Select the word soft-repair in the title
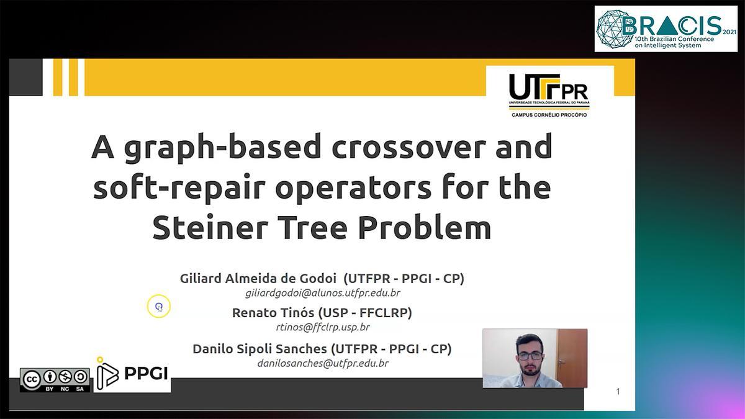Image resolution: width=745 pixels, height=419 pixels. (179, 188)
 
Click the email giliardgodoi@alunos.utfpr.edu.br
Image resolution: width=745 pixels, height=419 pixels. (323, 293)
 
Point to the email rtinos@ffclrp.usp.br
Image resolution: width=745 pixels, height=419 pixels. (323, 327)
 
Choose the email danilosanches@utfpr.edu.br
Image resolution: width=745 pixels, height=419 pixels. (323, 363)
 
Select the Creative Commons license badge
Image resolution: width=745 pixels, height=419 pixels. (55, 380)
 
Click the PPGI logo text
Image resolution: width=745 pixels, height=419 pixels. (146, 374)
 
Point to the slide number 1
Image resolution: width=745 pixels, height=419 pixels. (618, 392)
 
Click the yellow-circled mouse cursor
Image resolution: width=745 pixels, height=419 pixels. (159, 306)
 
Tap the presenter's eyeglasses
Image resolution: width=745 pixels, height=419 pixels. (530, 356)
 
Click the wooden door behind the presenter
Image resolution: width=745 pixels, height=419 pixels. (572, 358)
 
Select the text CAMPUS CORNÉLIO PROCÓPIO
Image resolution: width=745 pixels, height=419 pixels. (549, 115)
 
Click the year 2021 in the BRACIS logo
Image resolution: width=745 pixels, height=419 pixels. (729, 32)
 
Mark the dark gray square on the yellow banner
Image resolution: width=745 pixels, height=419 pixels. (25, 77)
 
